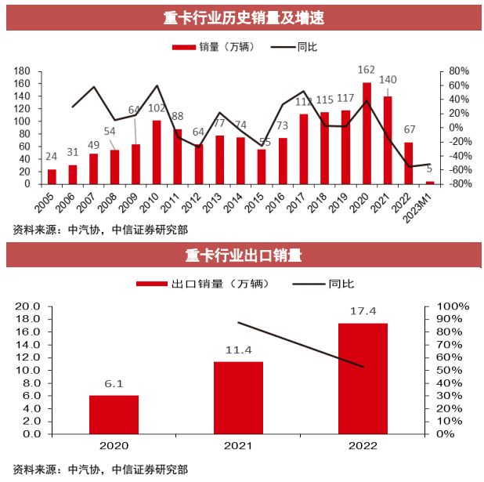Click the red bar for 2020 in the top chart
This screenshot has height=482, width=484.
[x=367, y=133]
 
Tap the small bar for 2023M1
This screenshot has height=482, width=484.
[x=429, y=182]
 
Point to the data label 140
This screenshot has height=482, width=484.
[x=388, y=80]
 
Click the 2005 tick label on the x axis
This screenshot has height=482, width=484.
[x=49, y=200]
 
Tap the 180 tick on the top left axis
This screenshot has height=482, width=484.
[x=22, y=71]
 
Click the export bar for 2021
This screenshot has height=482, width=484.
[x=238, y=397]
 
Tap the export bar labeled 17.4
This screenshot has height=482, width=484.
[x=363, y=379]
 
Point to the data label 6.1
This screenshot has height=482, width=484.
[x=114, y=383]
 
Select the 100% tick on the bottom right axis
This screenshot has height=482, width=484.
[x=452, y=306]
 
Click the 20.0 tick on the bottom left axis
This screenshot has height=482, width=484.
[x=28, y=306]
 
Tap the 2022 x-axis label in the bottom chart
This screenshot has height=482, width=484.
[x=363, y=446]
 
